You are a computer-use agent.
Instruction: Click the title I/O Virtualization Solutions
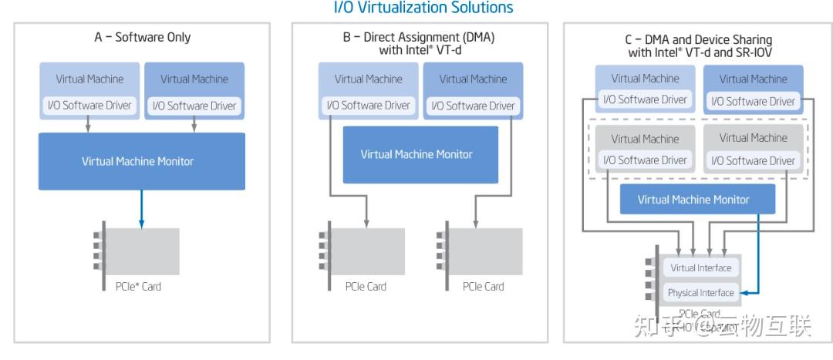tap(423, 8)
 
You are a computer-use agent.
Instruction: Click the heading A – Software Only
tap(142, 37)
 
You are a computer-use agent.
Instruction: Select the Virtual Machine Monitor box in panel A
tap(142, 161)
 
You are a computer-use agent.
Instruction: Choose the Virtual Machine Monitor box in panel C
tap(697, 200)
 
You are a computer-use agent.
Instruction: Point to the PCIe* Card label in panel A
tap(133, 287)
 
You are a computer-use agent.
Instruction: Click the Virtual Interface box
tap(700, 268)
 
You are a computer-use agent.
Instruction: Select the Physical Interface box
tap(700, 293)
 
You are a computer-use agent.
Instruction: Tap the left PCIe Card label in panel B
tap(366, 287)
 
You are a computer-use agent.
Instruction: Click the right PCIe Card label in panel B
tap(483, 287)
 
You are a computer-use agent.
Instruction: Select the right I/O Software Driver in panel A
tap(194, 106)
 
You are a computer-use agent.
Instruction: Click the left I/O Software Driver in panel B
tap(368, 106)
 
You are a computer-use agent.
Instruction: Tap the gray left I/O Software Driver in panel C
tap(645, 160)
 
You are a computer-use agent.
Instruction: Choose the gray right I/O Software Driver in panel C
tap(753, 160)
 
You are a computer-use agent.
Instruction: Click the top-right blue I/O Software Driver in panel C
tap(753, 101)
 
